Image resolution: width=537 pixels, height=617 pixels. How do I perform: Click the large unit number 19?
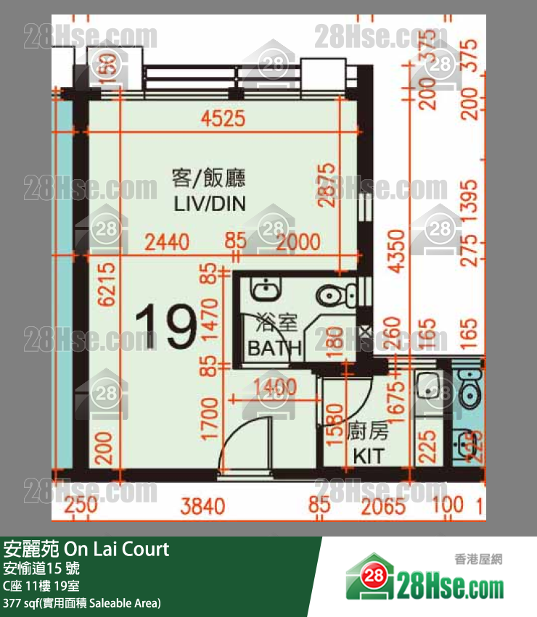point(166,328)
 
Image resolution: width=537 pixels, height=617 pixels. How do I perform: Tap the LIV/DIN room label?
point(209,204)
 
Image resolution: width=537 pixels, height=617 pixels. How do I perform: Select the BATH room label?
point(274,348)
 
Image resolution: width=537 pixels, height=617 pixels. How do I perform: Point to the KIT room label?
point(368,456)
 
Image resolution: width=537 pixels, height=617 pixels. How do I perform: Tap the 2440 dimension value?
point(167,241)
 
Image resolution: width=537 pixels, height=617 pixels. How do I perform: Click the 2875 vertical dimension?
point(329,184)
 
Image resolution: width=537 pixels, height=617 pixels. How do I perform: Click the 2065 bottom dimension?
point(382,505)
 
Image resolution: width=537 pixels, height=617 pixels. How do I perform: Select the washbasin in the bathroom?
point(263,289)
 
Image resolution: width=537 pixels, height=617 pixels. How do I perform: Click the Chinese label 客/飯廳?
point(209,178)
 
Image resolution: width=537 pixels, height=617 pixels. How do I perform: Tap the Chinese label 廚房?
point(368,433)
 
